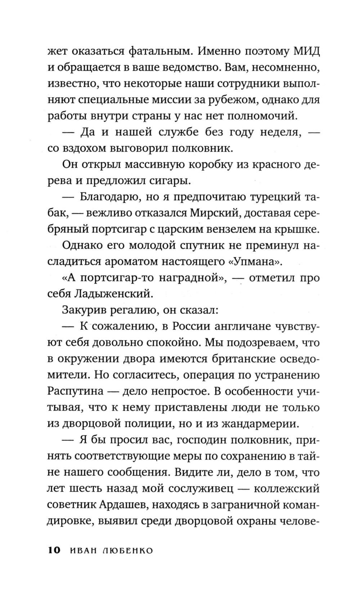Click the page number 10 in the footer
[x=54, y=550]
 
